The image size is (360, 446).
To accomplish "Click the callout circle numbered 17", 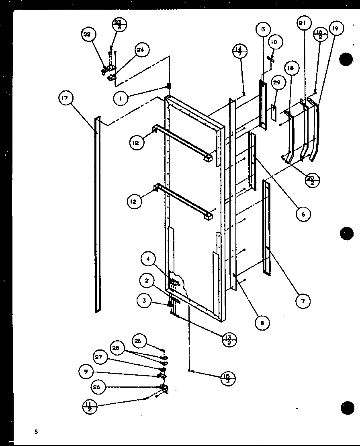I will pos(66,99).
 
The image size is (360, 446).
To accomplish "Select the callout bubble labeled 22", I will pos(87,35).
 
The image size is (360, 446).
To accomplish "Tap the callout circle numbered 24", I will pos(140,50).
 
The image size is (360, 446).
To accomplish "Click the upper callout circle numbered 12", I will pos(137,142).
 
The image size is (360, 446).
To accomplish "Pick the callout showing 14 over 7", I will pos(240,51).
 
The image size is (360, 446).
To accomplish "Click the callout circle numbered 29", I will pos(276,82).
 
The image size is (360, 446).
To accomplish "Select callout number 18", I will pos(290,68).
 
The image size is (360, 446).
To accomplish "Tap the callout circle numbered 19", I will pos(335,29).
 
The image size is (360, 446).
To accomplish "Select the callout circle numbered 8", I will pos(262,323).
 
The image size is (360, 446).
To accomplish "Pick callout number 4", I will pos(148,259).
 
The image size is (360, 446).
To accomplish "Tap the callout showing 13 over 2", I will pos(229,339).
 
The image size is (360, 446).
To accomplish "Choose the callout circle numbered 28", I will pos(98,387).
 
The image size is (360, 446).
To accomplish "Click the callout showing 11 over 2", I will pos(89,407).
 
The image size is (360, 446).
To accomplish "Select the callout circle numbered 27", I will pos(98,357).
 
